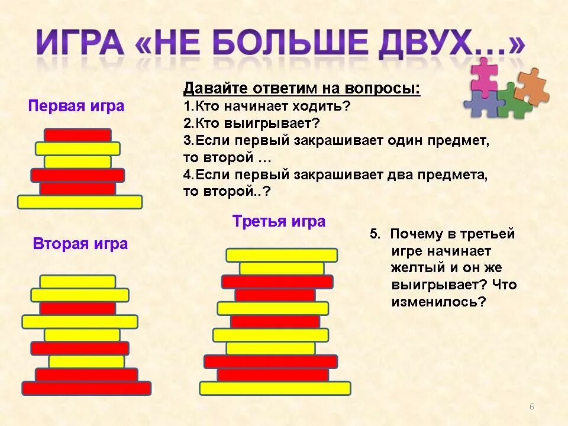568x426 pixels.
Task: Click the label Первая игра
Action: point(76,106)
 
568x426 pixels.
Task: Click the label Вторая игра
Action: point(80,244)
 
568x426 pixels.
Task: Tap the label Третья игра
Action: point(279,222)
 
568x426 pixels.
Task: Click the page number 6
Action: point(531,406)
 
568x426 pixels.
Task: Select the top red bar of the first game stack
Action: point(78,135)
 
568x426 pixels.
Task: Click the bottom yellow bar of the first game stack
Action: point(80,202)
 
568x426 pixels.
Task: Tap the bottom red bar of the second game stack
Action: point(86,388)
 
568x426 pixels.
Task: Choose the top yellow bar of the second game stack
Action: point(78,281)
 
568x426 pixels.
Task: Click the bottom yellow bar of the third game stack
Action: point(275,388)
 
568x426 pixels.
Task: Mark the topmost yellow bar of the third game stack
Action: point(282,255)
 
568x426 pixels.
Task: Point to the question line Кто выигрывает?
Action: point(251,124)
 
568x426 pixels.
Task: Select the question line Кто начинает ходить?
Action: point(267,106)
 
